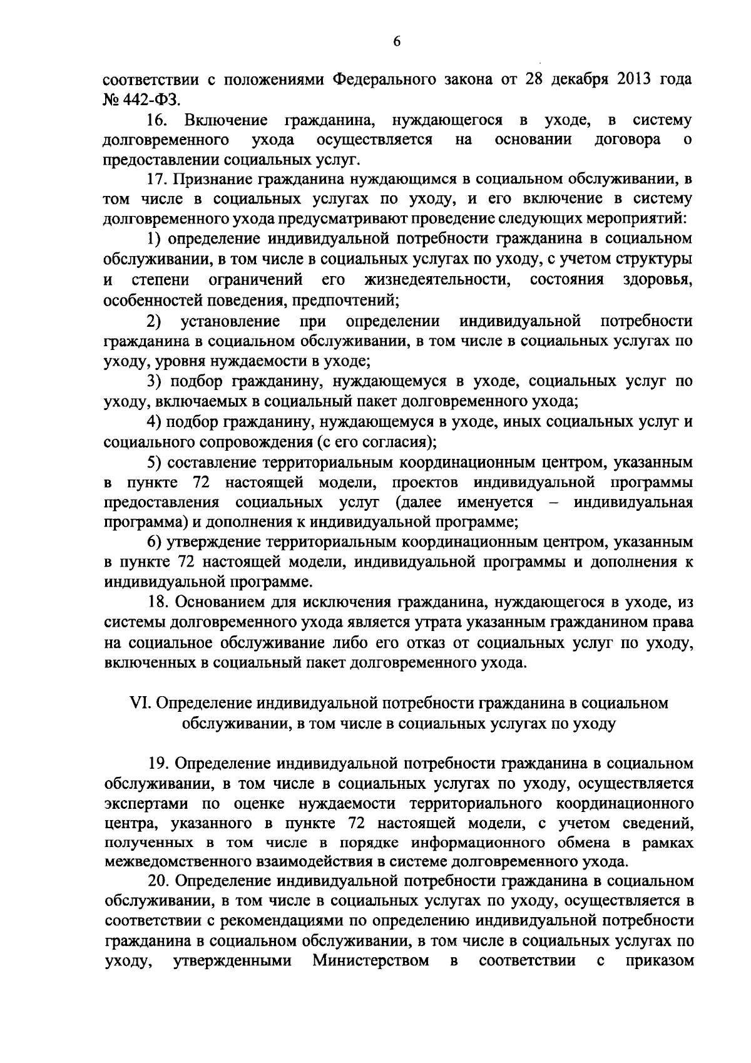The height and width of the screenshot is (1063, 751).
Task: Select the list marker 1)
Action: pyautogui.click(x=155, y=239)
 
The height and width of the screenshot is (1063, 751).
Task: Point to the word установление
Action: pyautogui.click(x=230, y=322)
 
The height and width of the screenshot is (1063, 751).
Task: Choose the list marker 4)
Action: pyautogui.click(x=155, y=421)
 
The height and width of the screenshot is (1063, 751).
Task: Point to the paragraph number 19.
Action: pyautogui.click(x=159, y=764)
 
